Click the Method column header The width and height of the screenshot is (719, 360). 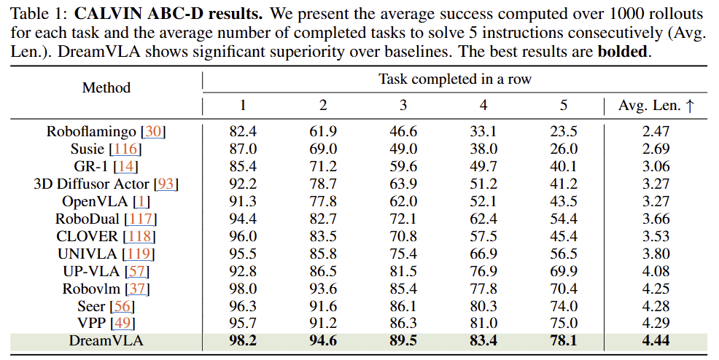click(x=106, y=87)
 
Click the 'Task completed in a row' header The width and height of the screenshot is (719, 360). click(x=454, y=79)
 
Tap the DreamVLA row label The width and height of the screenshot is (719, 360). click(x=106, y=340)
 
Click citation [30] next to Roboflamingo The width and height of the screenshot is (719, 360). click(x=154, y=132)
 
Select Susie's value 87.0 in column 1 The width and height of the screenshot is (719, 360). click(x=243, y=149)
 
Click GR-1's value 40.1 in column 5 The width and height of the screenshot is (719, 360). click(x=563, y=167)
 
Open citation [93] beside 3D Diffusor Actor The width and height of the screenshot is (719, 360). click(x=166, y=184)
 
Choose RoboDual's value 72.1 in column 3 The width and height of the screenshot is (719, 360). click(x=403, y=219)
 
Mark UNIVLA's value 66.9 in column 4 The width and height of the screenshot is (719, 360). click(x=483, y=254)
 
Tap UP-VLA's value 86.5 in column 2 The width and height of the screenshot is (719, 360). click(x=323, y=271)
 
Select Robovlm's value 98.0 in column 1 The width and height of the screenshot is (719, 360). click(x=243, y=289)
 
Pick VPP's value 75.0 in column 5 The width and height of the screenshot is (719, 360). click(x=563, y=323)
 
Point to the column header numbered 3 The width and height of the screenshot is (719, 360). click(x=403, y=106)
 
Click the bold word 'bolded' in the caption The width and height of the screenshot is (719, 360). click(x=622, y=53)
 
